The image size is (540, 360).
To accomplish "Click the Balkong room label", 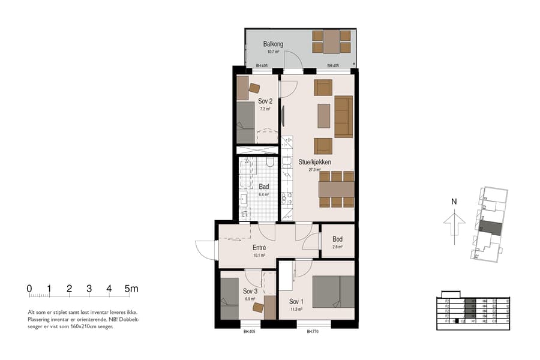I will click(x=273, y=44).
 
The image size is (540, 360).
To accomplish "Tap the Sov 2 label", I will click(x=266, y=101).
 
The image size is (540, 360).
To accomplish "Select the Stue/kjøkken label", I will click(x=315, y=162).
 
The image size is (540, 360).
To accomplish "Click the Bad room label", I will click(x=263, y=187).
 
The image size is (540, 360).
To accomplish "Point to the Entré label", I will click(x=259, y=247).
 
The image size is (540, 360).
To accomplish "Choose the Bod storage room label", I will click(x=338, y=239).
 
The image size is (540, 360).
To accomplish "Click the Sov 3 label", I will click(x=250, y=291).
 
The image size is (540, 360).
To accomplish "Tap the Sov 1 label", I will click(x=296, y=301).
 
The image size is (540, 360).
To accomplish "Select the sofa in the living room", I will click(x=343, y=116).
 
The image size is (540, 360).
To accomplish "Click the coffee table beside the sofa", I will click(x=323, y=116).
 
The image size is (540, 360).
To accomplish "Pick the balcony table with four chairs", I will click(x=331, y=41).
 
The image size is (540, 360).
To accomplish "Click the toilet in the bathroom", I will click(x=270, y=163).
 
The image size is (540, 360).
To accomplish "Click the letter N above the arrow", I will click(x=454, y=202).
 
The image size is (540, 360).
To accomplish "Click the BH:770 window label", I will click(x=312, y=331).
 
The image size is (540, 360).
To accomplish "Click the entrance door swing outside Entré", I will click(x=206, y=248).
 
